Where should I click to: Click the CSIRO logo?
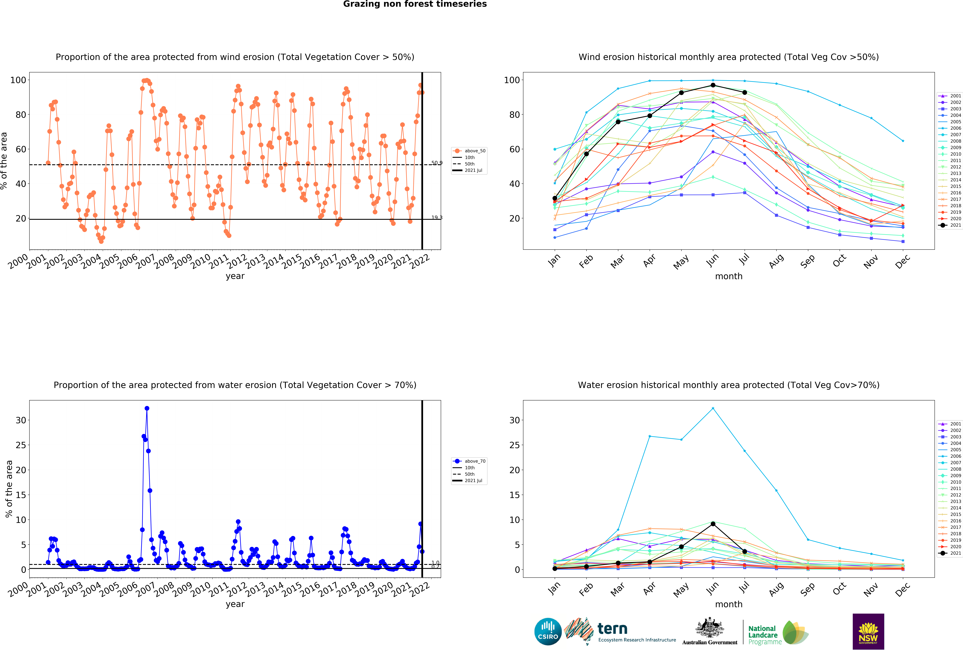point(548,632)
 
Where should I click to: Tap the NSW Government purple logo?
point(868,631)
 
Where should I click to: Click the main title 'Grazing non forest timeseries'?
point(415,4)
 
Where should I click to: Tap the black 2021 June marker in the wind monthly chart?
point(713,85)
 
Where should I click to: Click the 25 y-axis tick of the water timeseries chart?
point(21,445)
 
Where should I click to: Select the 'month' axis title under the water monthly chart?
point(728,604)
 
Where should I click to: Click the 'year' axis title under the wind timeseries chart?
point(235,276)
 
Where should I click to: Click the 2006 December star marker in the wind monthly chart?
point(902,141)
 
